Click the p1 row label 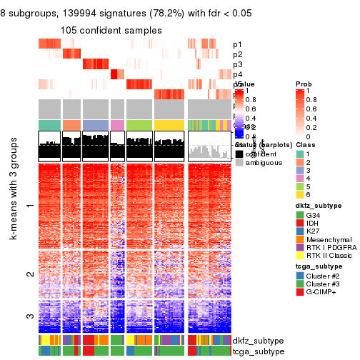click(x=237, y=44)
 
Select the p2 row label click(x=237, y=54)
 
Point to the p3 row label click(x=237, y=64)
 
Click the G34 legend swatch click(x=301, y=215)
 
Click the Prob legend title click(x=304, y=84)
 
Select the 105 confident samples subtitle click(x=111, y=30)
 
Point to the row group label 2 click(x=29, y=274)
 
